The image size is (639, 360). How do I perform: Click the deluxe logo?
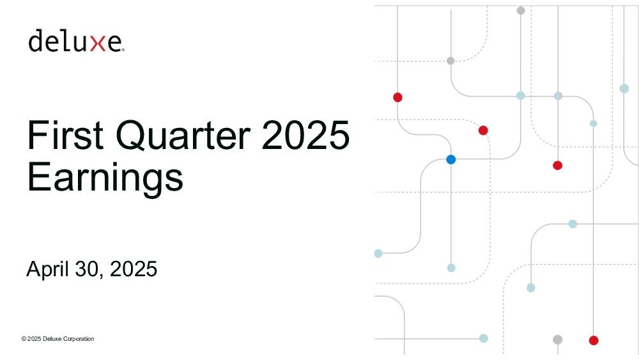[x=76, y=40]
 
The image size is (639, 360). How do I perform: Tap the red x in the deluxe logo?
[x=98, y=43]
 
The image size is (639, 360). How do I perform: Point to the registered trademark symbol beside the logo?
[x=123, y=50]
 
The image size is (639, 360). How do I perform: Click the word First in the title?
[x=65, y=134]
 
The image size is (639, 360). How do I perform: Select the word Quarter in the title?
[x=183, y=134]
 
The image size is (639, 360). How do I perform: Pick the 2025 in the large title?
[x=305, y=134]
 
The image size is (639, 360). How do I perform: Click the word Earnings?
[x=105, y=177]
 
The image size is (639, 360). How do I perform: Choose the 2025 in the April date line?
[x=134, y=269]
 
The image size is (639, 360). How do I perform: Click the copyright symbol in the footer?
[x=24, y=339]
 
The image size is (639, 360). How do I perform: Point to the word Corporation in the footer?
[x=79, y=339]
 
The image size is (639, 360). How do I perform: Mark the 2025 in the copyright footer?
[x=35, y=339]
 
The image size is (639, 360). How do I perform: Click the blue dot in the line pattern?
[x=450, y=159]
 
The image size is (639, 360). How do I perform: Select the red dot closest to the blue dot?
[x=483, y=130]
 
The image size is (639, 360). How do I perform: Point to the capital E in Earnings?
[x=39, y=176]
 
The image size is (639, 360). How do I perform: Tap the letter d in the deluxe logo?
[x=35, y=40]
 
